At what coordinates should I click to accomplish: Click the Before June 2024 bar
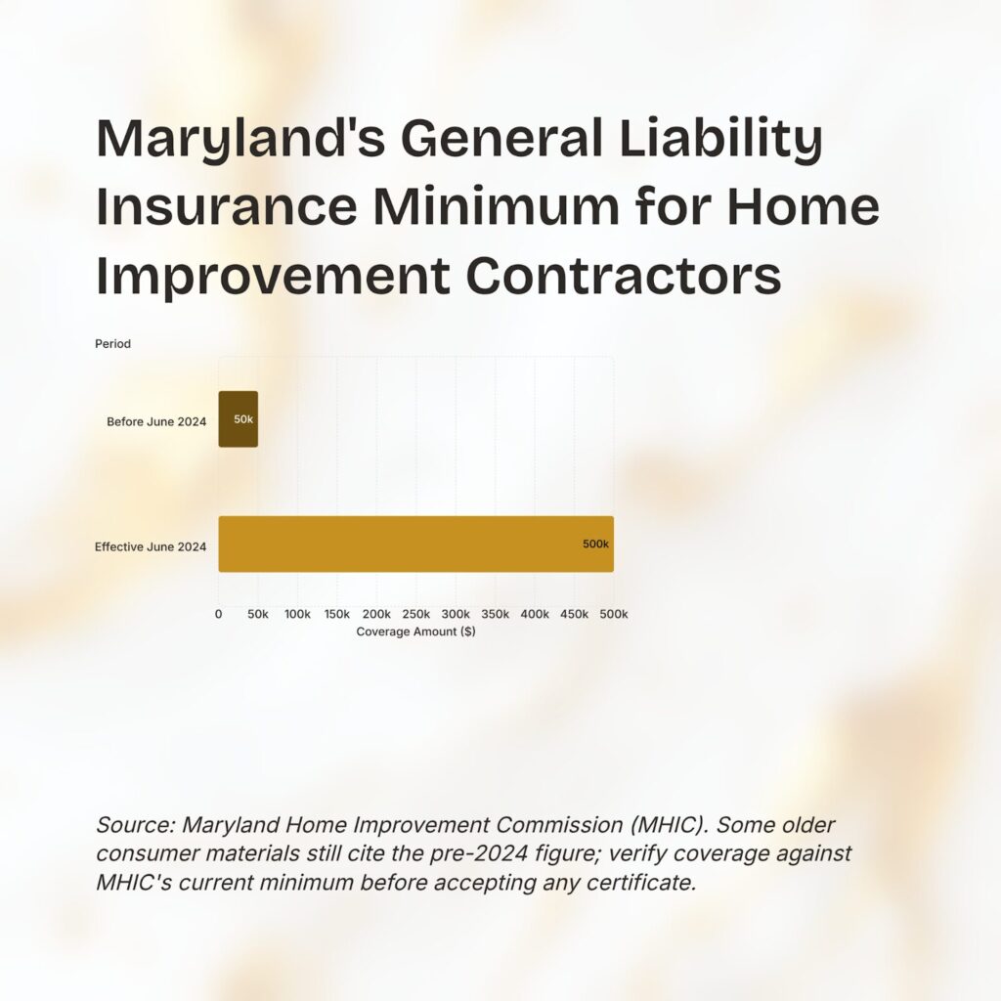(239, 419)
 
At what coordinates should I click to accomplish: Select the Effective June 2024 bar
(416, 544)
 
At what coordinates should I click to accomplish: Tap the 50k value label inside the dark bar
(243, 419)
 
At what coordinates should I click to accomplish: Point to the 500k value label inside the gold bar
(595, 544)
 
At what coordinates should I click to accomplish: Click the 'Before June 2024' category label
(156, 421)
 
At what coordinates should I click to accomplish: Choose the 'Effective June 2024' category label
(151, 546)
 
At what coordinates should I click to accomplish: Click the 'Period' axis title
(113, 343)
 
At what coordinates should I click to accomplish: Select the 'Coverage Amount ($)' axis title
(415, 631)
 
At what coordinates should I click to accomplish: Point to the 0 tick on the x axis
(218, 614)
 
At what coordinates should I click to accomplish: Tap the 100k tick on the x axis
(297, 614)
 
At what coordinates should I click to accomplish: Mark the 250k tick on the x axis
(416, 614)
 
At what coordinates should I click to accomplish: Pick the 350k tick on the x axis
(496, 614)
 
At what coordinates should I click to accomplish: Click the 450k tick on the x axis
(575, 614)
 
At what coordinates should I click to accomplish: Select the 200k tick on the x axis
(376, 614)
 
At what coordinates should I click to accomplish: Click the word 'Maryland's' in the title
(240, 139)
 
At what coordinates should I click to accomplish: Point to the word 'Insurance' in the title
(227, 206)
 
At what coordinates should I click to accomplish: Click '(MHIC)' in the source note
(670, 825)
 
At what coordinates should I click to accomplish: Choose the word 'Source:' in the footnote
(136, 825)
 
